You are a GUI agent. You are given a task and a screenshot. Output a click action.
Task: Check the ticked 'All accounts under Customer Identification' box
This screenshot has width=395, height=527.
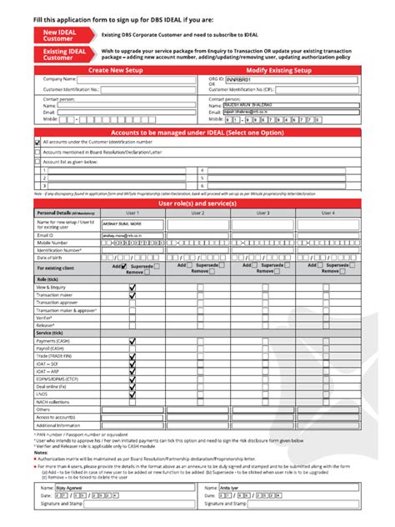click(x=37, y=143)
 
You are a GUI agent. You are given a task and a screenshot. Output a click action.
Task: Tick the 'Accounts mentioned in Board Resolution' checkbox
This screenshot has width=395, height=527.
click(x=37, y=153)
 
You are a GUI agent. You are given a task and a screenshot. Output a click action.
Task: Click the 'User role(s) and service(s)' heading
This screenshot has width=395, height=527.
click(x=197, y=203)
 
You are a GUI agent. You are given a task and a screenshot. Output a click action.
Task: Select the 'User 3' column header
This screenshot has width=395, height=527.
click(x=262, y=213)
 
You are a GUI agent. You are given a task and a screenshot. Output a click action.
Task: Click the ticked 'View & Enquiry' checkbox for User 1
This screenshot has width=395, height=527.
click(x=132, y=287)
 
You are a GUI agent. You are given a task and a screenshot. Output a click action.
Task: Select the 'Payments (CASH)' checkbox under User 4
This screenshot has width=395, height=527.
click(x=328, y=341)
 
